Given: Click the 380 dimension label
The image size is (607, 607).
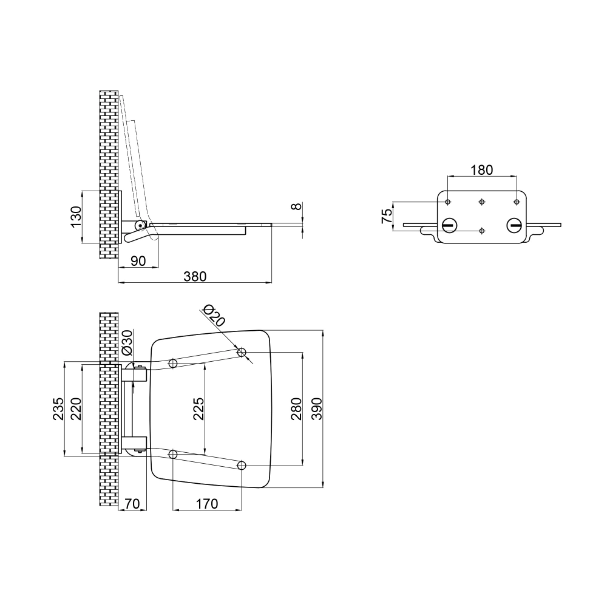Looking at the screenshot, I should click(195, 276).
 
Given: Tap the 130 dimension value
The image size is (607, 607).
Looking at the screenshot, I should click(75, 217).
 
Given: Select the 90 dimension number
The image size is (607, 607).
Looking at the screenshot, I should click(138, 260).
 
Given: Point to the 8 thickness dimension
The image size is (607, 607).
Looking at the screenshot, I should click(296, 206).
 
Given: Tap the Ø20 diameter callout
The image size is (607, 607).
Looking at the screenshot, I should click(214, 315).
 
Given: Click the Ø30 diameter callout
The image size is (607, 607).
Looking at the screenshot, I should click(127, 343).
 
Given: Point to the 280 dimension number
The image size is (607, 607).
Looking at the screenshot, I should click(296, 409).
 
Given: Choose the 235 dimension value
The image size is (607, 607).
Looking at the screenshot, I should click(58, 409).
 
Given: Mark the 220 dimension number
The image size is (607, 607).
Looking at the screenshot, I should click(75, 409).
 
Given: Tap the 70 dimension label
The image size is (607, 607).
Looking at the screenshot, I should click(133, 503).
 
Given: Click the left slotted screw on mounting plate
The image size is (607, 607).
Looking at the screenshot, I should click(449, 225).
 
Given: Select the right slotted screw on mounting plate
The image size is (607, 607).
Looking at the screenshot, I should click(514, 225).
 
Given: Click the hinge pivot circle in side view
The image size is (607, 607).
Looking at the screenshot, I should click(140, 225).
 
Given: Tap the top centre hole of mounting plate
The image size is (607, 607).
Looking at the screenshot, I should click(482, 202).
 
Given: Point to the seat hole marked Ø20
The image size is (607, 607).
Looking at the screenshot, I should click(242, 352).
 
